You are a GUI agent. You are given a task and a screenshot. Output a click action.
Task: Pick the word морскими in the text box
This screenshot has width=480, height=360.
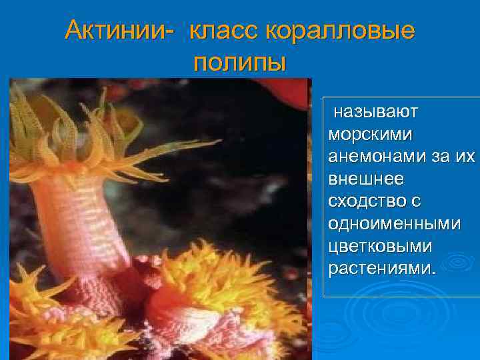pos(370,133)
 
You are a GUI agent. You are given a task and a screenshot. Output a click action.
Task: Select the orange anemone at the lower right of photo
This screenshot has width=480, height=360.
pos(220,293)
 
